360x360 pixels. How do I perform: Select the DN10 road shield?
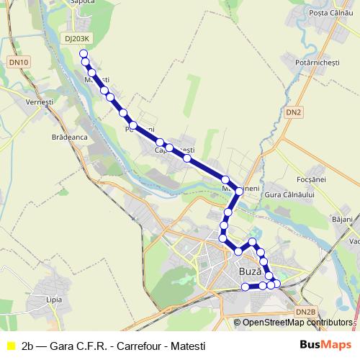coord(19,63)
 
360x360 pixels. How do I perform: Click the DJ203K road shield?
coord(77,39)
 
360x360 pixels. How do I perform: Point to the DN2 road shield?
coord(293,112)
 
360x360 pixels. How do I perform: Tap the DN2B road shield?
coord(306,311)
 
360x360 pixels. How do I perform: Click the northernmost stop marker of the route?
coord(84,54)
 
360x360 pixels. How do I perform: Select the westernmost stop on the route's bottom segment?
coord(245,287)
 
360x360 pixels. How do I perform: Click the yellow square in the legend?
coord(10,345)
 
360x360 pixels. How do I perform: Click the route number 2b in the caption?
coord(29,345)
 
